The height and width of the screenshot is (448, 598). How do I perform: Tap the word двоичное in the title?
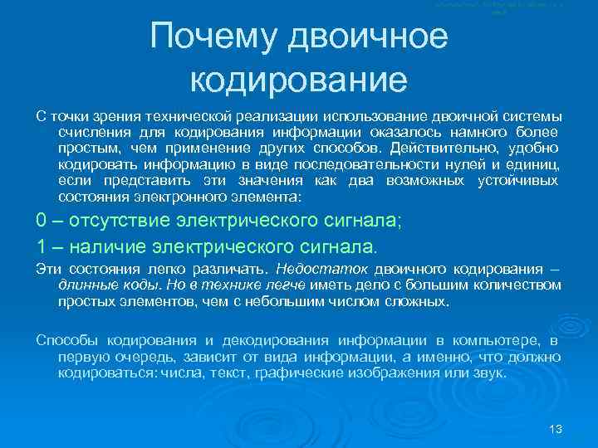coord(371,37)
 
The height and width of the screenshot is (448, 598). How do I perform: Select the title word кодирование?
coord(298,80)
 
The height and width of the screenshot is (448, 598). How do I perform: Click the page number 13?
coord(556,429)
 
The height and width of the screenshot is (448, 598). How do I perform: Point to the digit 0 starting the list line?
coord(42,221)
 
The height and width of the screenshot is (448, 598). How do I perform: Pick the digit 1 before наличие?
coord(42,246)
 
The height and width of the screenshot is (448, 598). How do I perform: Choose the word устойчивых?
coord(518,181)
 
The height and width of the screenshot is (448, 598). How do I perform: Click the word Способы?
coord(63,340)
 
